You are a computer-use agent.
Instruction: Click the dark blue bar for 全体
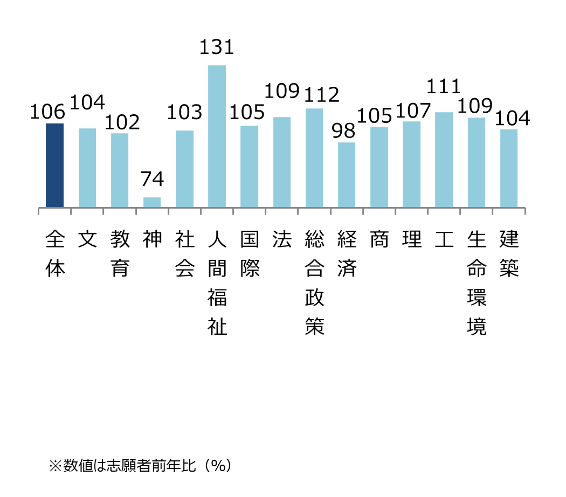click(x=54, y=165)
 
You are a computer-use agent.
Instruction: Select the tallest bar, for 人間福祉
click(x=217, y=136)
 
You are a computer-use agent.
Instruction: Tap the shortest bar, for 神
click(x=152, y=202)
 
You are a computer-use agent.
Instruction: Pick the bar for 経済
click(x=347, y=175)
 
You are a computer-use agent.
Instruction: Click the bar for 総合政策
click(x=314, y=158)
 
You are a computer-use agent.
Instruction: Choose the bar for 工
click(x=444, y=160)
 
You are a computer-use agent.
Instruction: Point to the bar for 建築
click(x=509, y=168)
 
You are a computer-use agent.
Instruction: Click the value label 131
click(x=217, y=47)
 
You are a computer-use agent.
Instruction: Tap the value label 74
click(x=152, y=180)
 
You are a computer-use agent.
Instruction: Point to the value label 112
click(x=322, y=95)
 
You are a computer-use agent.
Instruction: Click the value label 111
click(x=444, y=87)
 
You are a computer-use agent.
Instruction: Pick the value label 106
click(x=47, y=112)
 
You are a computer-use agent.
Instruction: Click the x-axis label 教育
click(x=120, y=253)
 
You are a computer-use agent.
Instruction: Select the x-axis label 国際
click(x=250, y=253)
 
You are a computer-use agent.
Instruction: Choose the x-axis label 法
click(x=282, y=239)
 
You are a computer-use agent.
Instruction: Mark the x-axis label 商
click(x=379, y=239)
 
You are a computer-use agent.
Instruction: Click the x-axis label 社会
click(x=185, y=253)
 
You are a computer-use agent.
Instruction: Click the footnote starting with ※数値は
click(x=140, y=465)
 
